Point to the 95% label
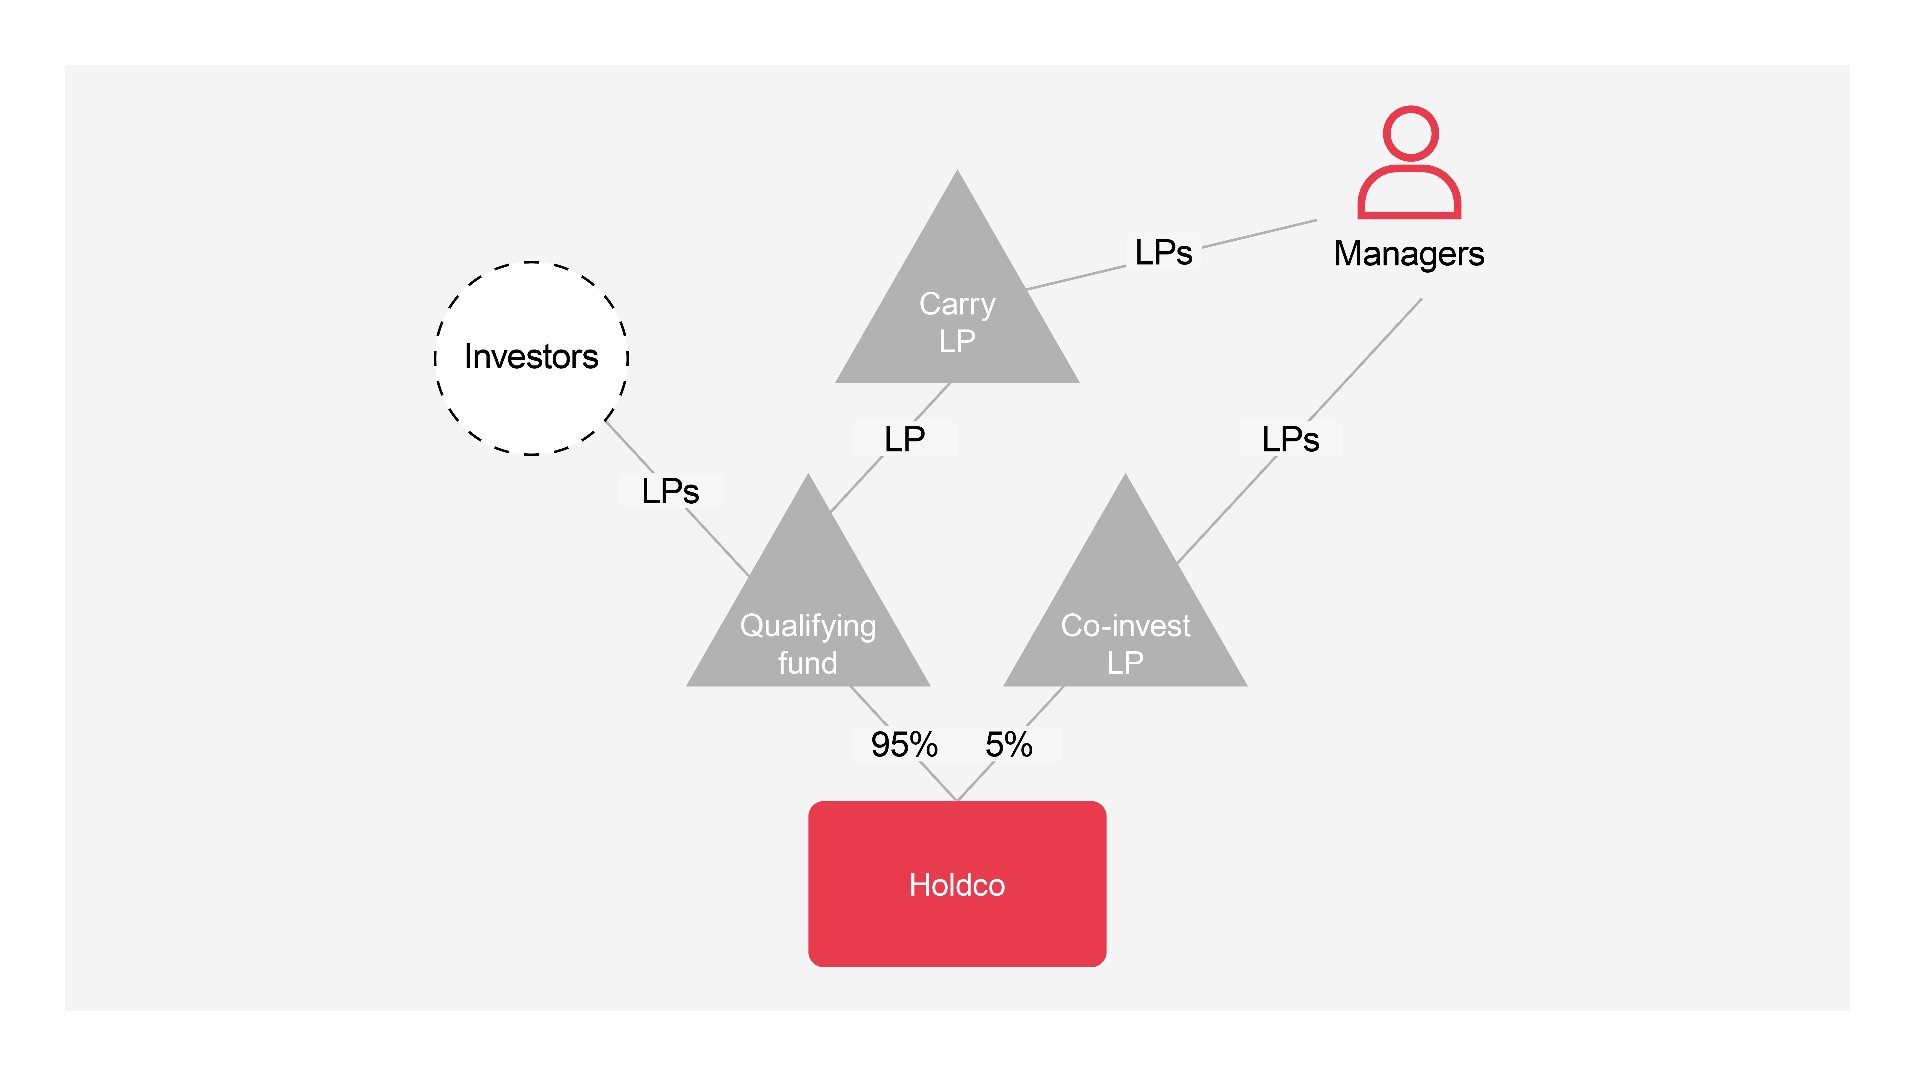click(x=904, y=745)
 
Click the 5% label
click(x=1009, y=745)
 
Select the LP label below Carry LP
click(x=905, y=439)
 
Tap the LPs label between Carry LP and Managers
click(x=1163, y=253)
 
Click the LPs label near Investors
click(x=670, y=491)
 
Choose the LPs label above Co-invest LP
click(x=1291, y=439)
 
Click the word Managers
click(x=1409, y=254)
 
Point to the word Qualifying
click(x=808, y=626)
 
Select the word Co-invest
click(x=1126, y=626)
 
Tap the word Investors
click(x=532, y=357)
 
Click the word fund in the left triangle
click(x=808, y=662)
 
